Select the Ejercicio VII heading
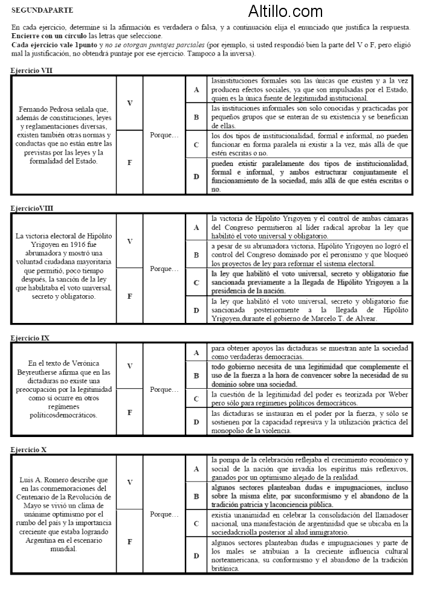(31, 71)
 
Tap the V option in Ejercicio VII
(129, 103)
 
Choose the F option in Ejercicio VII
(129, 163)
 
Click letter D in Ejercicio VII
(196, 176)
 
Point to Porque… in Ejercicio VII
(164, 135)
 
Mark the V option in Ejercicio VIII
(129, 241)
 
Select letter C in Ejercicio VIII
(196, 282)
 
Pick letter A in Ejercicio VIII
(196, 227)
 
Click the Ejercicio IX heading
(30, 338)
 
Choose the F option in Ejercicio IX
(129, 413)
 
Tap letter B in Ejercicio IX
(196, 375)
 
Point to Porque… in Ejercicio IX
(164, 390)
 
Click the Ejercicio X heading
(29, 450)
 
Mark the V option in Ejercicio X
(129, 482)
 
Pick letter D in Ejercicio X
(196, 555)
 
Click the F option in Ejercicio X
(129, 541)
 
